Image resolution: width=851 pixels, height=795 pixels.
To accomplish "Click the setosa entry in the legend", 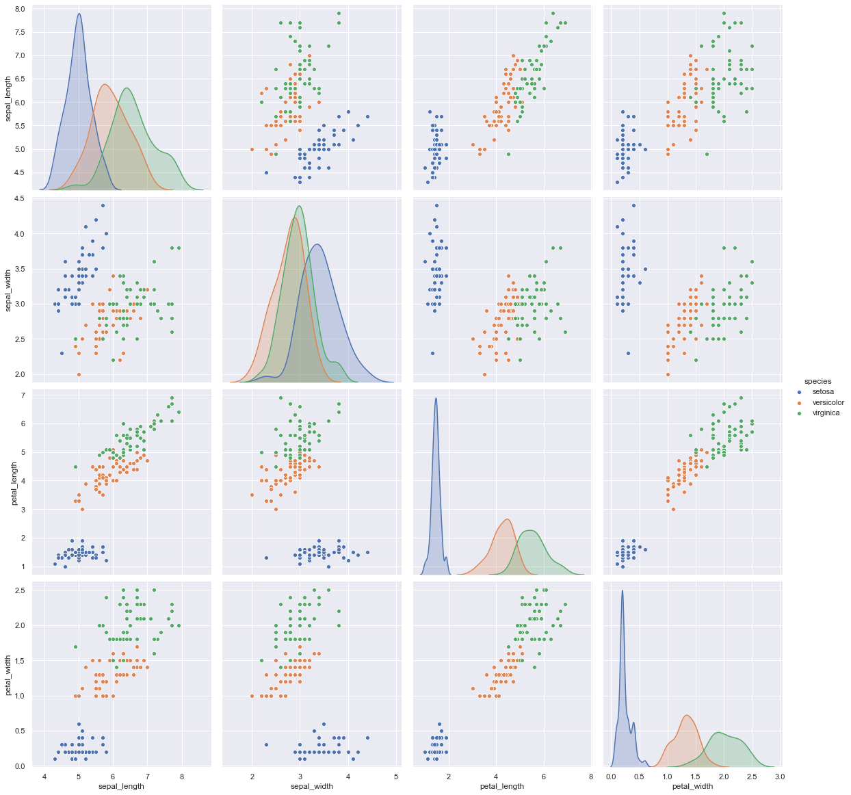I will pos(823,391).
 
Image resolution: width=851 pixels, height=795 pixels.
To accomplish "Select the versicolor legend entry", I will pos(828,402).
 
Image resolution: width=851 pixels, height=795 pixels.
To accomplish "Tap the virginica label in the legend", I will pos(826,413).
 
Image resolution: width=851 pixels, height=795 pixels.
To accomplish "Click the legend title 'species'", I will pos(817,380).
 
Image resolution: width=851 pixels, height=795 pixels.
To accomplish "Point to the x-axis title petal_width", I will pos(692,786).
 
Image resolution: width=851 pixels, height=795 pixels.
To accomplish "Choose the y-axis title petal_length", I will pos(9,482).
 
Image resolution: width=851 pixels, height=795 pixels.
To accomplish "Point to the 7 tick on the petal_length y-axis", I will pos(23,396).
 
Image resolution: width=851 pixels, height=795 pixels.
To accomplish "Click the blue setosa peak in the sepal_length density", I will pos(79,14).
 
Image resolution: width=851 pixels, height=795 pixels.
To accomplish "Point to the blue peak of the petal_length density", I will pos(436,399).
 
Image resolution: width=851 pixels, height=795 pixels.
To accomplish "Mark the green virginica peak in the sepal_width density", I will pos(300,206).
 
